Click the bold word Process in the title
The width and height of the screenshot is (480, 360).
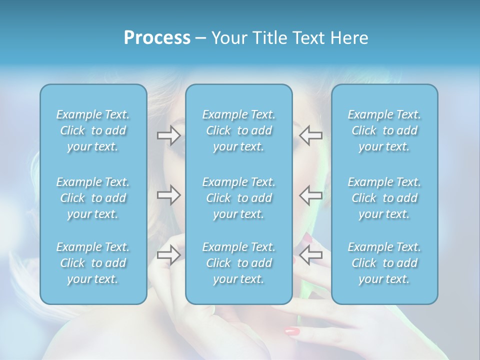click(x=157, y=38)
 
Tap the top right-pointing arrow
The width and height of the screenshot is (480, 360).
click(x=168, y=134)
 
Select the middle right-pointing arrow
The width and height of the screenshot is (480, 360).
click(x=168, y=195)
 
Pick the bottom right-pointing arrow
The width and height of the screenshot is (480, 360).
click(x=168, y=255)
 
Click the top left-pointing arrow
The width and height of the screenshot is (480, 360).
click(x=311, y=134)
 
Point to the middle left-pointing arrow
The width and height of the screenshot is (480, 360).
click(x=311, y=195)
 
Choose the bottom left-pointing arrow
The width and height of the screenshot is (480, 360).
click(x=311, y=255)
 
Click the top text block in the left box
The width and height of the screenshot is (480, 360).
click(x=93, y=130)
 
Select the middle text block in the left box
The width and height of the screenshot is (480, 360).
click(x=93, y=198)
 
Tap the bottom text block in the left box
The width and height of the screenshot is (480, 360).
click(x=93, y=263)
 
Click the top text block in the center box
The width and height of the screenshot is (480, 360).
click(x=239, y=130)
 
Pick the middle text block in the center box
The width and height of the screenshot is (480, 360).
click(x=239, y=198)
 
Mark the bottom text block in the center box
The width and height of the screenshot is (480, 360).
click(x=239, y=263)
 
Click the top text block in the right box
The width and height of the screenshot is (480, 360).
click(x=384, y=130)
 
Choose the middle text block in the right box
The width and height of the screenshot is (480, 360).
click(x=384, y=198)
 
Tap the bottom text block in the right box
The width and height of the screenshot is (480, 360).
click(x=384, y=263)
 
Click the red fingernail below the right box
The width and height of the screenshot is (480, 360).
click(x=292, y=331)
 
